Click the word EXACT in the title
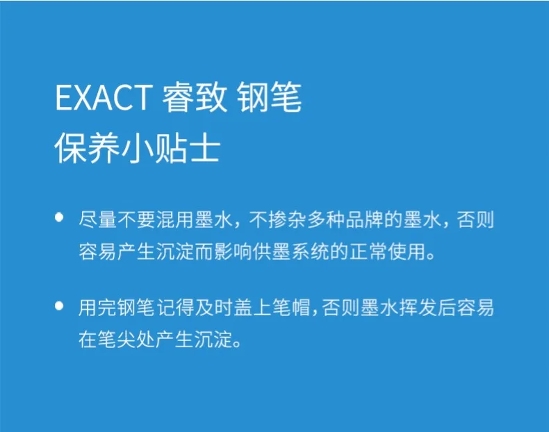tap(104, 97)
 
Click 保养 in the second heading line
tap(87, 148)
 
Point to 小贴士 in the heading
tap(170, 148)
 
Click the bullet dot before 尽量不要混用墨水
tap(59, 217)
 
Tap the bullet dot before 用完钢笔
tap(59, 306)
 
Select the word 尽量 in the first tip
tap(98, 220)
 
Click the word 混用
tap(174, 220)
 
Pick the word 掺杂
tap(288, 220)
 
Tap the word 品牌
tap(365, 220)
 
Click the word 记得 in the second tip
tap(174, 308)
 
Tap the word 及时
tap(213, 308)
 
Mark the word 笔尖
tap(117, 340)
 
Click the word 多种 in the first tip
tap(327, 220)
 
